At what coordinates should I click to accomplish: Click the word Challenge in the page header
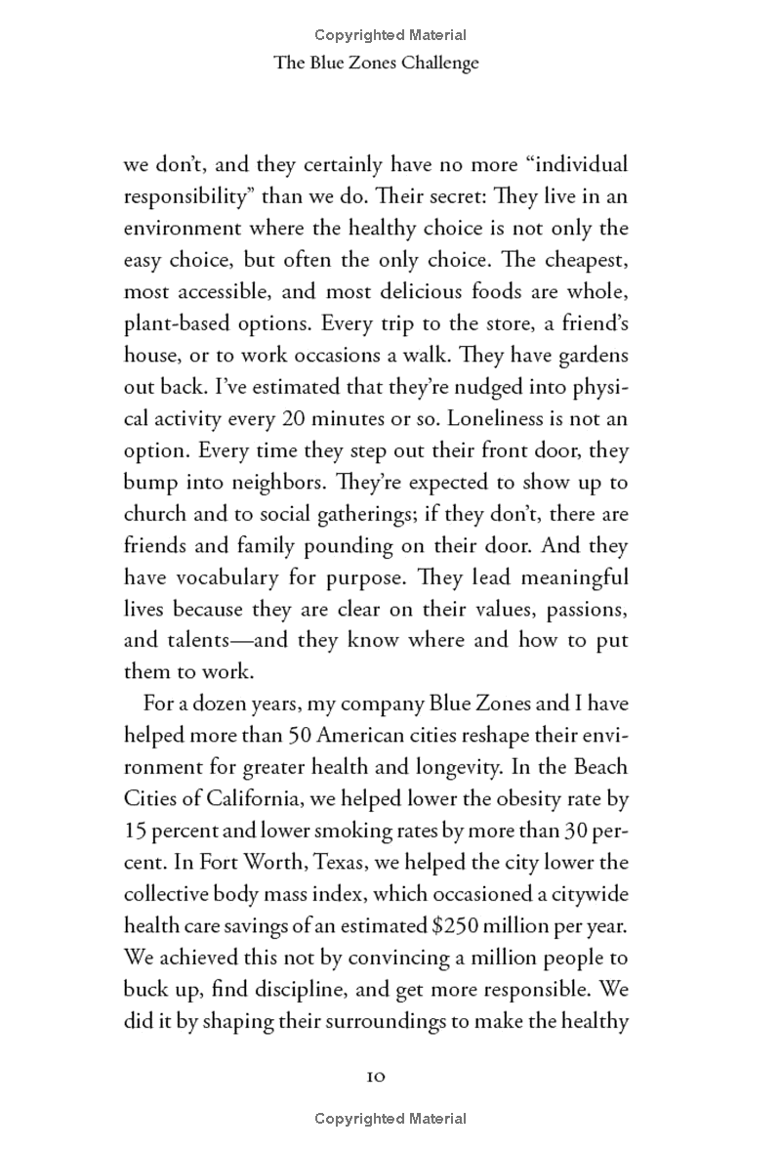pyautogui.click(x=434, y=63)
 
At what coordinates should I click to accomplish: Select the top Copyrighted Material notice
pyautogui.click(x=390, y=35)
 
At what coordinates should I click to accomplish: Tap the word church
pyautogui.click(x=157, y=514)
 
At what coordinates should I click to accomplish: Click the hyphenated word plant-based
pyautogui.click(x=176, y=323)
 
